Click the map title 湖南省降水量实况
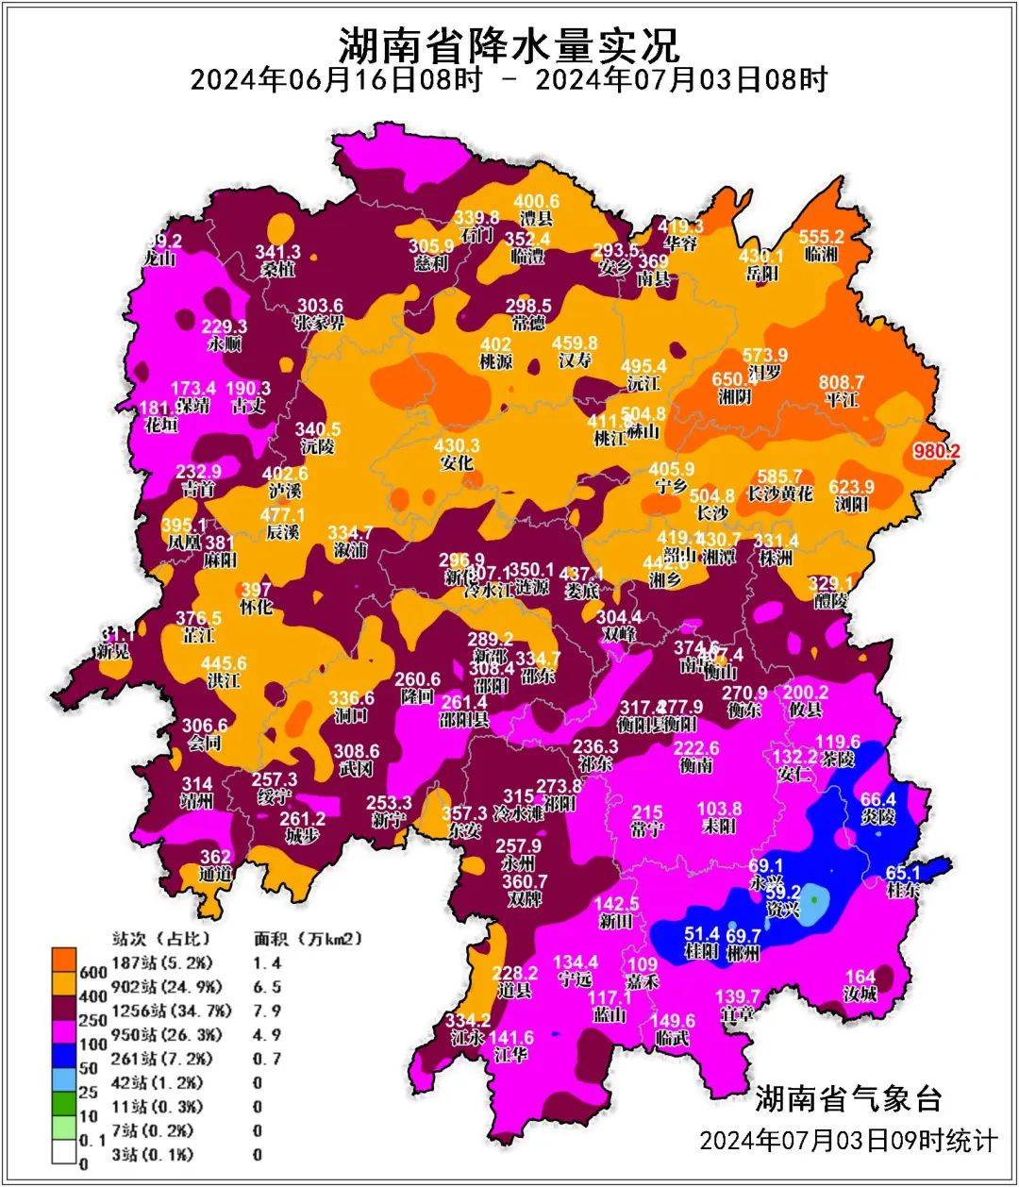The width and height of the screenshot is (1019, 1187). [509, 42]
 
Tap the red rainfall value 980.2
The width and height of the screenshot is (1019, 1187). [936, 452]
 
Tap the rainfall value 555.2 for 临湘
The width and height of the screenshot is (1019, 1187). [821, 238]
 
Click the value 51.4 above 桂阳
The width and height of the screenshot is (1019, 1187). [702, 934]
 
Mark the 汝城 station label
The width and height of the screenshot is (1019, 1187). [860, 994]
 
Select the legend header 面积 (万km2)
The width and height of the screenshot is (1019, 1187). [308, 939]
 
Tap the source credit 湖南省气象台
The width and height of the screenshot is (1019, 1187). [847, 1098]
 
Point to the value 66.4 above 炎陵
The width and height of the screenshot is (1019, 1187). [877, 800]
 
